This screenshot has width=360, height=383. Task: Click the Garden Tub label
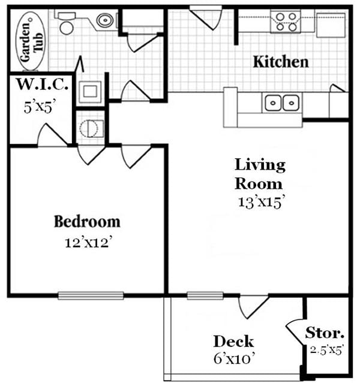[27, 40]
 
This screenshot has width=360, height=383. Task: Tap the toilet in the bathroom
[65, 24]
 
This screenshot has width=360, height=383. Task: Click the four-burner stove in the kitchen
[284, 22]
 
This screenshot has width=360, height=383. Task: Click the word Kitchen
[280, 62]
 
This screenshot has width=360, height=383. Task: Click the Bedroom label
[87, 222]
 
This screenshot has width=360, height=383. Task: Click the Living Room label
[259, 173]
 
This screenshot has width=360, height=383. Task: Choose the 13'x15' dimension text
[260, 202]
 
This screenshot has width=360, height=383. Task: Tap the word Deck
[233, 342]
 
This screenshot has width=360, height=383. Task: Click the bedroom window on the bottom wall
[91, 295]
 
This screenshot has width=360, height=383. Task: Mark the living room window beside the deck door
[205, 295]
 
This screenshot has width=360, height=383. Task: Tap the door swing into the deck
[253, 306]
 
